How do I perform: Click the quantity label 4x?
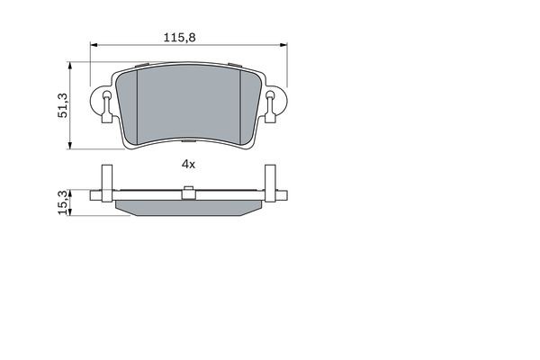pyautogui.click(x=188, y=164)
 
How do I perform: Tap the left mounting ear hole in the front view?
pyautogui.click(x=103, y=110)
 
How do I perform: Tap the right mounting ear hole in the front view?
pyautogui.click(x=274, y=110)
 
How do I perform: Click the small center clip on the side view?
pyautogui.click(x=188, y=192)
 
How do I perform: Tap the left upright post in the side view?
pyautogui.click(x=105, y=184)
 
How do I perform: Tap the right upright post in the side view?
pyautogui.click(x=272, y=184)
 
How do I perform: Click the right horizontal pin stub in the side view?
pyautogui.click(x=282, y=195)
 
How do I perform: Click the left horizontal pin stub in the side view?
pyautogui.click(x=95, y=195)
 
